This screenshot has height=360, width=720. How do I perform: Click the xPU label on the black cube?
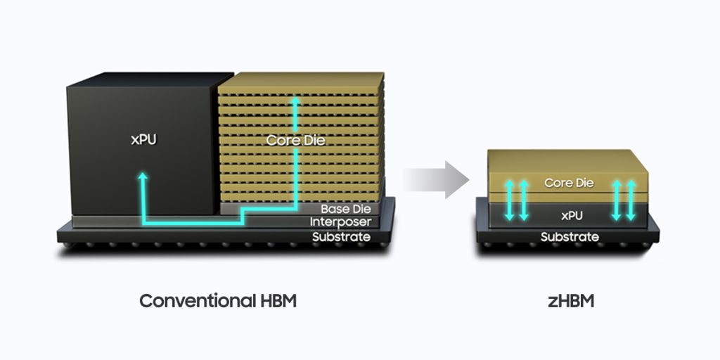pyautogui.click(x=143, y=140)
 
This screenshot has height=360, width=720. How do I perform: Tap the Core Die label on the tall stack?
pyautogui.click(x=295, y=140)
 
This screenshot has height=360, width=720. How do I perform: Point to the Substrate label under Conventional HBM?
pyautogui.click(x=341, y=237)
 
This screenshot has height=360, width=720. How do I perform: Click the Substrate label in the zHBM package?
pyautogui.click(x=570, y=237)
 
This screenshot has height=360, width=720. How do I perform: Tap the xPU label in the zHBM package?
pyautogui.click(x=571, y=215)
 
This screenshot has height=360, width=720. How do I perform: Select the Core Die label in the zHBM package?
pyautogui.click(x=569, y=183)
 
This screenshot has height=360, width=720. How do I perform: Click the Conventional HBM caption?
pyautogui.click(x=218, y=301)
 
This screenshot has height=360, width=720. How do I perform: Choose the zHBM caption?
pyautogui.click(x=571, y=301)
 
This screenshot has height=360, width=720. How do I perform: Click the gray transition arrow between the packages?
pyautogui.click(x=436, y=180)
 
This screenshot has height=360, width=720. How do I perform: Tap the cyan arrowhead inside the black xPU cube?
pyautogui.click(x=143, y=176)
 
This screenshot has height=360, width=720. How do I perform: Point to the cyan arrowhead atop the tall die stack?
pyautogui.click(x=296, y=101)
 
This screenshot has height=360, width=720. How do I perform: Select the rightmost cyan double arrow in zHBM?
pyautogui.click(x=631, y=200)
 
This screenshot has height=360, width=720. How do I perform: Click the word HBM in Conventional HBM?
pyautogui.click(x=276, y=301)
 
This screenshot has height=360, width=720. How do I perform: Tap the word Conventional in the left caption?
pyautogui.click(x=196, y=301)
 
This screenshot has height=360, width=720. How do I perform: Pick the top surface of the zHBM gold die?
pyautogui.click(x=567, y=161)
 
